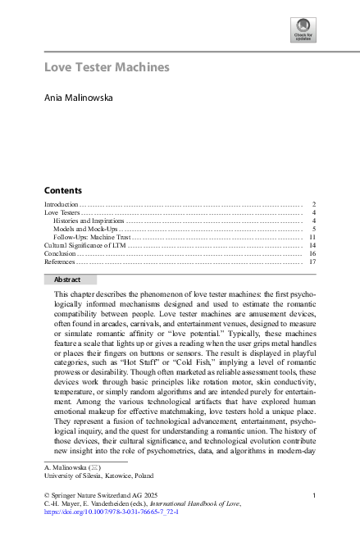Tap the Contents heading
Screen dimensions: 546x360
pyautogui.click(x=62, y=189)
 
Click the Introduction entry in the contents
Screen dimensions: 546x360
pyautogui.click(x=61, y=203)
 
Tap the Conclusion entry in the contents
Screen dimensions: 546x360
pyautogui.click(x=60, y=254)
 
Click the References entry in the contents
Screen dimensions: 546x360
pyautogui.click(x=60, y=262)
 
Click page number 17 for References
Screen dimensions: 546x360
pyautogui.click(x=312, y=262)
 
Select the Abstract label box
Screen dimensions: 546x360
pyautogui.click(x=68, y=280)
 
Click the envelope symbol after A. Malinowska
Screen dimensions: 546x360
pyautogui.click(x=94, y=466)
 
